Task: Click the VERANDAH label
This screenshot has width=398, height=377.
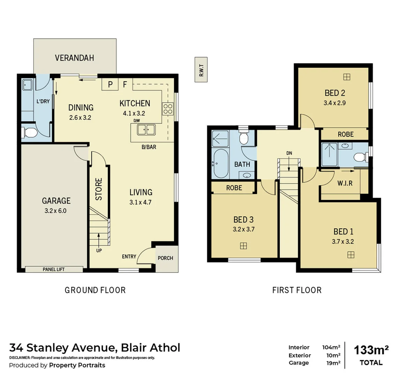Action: click(x=74, y=58)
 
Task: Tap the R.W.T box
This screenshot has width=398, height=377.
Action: click(x=201, y=70)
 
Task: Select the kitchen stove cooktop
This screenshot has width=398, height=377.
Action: click(x=167, y=109)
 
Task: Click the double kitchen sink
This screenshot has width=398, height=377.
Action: click(x=146, y=130)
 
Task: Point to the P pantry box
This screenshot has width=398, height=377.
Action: click(x=110, y=84)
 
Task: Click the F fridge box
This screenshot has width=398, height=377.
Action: click(x=125, y=84)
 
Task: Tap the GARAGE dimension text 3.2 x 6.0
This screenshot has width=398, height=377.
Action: click(x=56, y=210)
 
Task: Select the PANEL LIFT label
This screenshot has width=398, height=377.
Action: click(x=54, y=269)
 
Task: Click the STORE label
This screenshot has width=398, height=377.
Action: click(x=99, y=190)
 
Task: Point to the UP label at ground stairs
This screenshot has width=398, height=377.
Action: click(x=99, y=250)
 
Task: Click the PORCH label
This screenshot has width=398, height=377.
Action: click(x=165, y=258)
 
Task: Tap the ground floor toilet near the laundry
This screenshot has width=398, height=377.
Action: click(x=30, y=132)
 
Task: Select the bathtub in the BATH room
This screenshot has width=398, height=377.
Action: click(x=220, y=164)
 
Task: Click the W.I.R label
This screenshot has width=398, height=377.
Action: click(x=345, y=183)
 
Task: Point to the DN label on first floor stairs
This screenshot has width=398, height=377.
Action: click(x=289, y=153)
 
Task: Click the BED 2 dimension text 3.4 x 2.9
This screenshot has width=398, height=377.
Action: click(x=335, y=103)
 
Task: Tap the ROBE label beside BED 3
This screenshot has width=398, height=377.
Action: click(x=234, y=188)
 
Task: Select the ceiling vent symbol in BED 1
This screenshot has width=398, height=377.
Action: click(x=351, y=255)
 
